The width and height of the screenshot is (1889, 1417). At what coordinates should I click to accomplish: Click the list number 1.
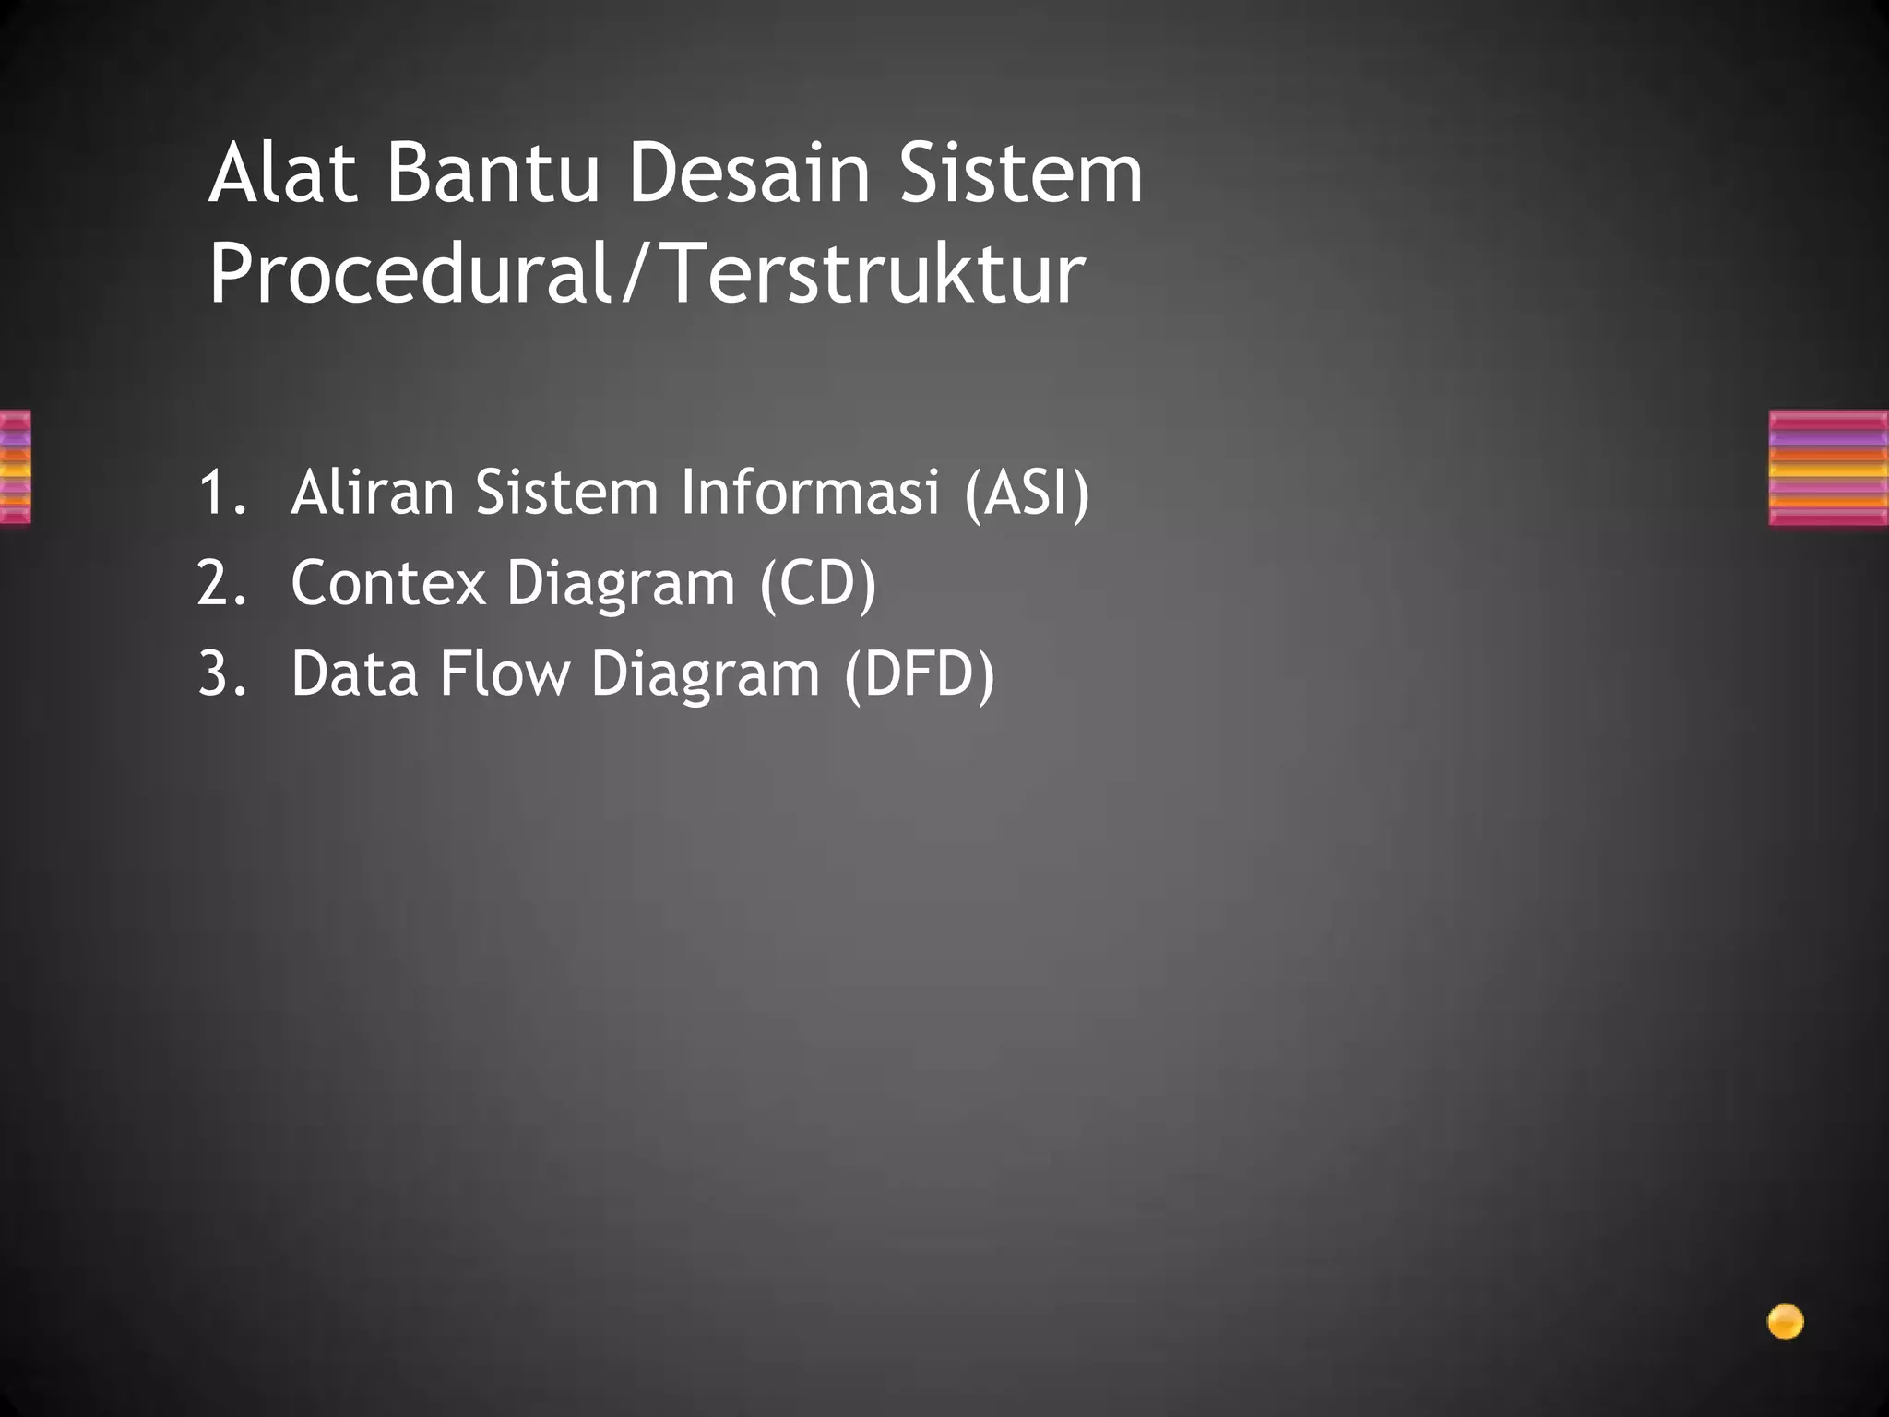pos(220,492)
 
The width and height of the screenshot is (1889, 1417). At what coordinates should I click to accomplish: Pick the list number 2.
pos(221,583)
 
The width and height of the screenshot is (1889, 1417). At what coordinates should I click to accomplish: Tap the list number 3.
pos(221,673)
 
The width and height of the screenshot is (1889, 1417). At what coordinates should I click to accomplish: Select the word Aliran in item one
pos(373,492)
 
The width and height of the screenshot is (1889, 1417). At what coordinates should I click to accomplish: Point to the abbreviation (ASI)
pos(1027,494)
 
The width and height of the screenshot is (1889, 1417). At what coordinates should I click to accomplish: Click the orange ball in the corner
pos(1785,1322)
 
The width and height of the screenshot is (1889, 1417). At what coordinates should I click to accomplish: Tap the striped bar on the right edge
pos(1828,469)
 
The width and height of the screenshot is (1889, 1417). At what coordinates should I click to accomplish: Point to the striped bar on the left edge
pos(15,467)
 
